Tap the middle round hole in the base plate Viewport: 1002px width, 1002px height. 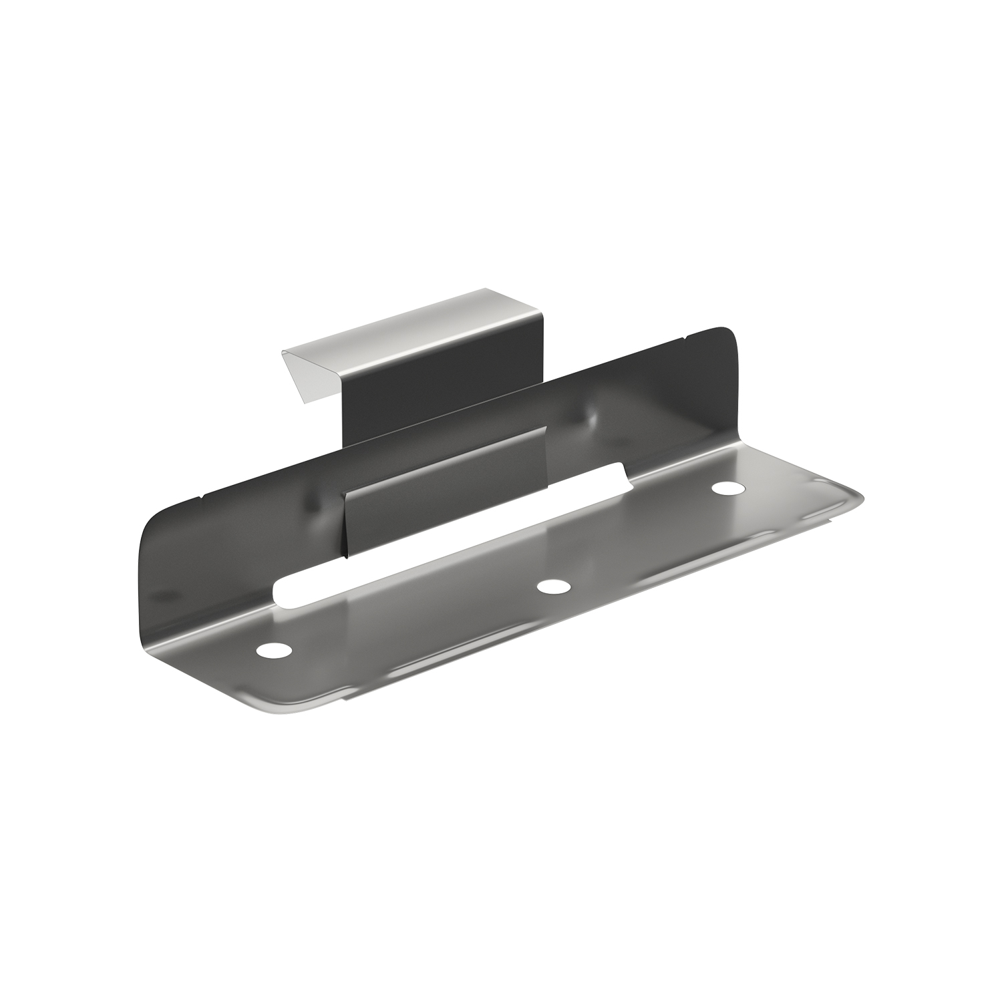[x=554, y=587]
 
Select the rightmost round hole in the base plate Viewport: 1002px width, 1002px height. [x=727, y=488]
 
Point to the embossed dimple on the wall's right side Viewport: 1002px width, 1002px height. [x=591, y=417]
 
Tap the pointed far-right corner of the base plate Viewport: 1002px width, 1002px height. [x=862, y=498]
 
